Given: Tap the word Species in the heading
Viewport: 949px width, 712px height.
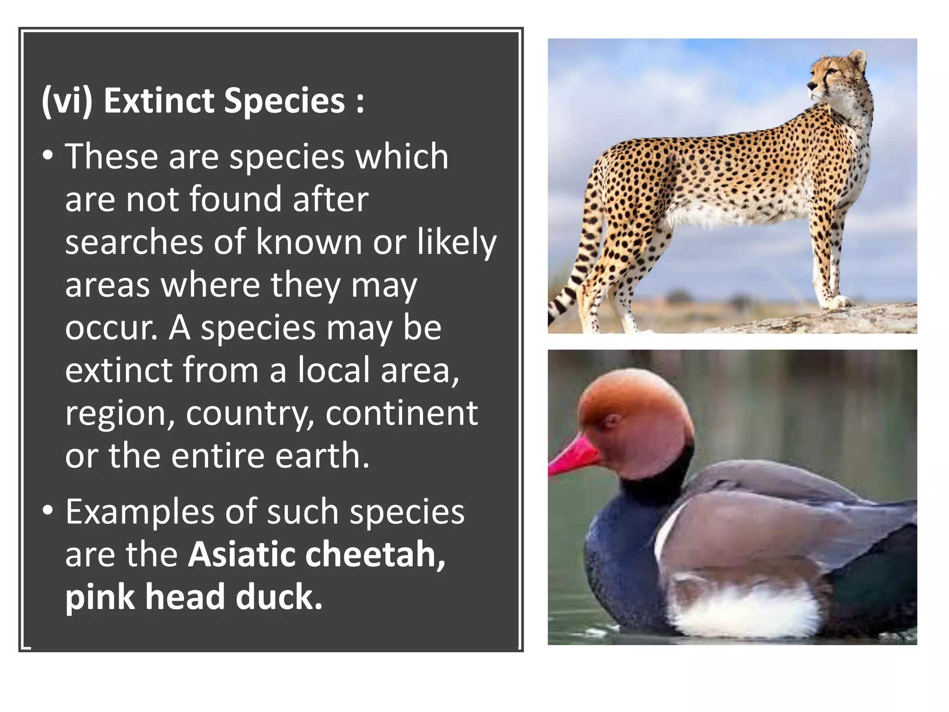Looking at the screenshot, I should pyautogui.click(x=285, y=101).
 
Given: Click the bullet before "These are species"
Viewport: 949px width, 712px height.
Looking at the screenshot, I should pyautogui.click(x=48, y=156).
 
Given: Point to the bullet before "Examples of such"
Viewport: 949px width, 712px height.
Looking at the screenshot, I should pyautogui.click(x=48, y=511).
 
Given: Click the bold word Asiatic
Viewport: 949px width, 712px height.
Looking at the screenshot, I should pyautogui.click(x=241, y=554).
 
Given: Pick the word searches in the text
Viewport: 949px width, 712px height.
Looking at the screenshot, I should pyautogui.click(x=133, y=242).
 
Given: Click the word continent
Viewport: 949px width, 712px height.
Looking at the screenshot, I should pyautogui.click(x=401, y=413).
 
